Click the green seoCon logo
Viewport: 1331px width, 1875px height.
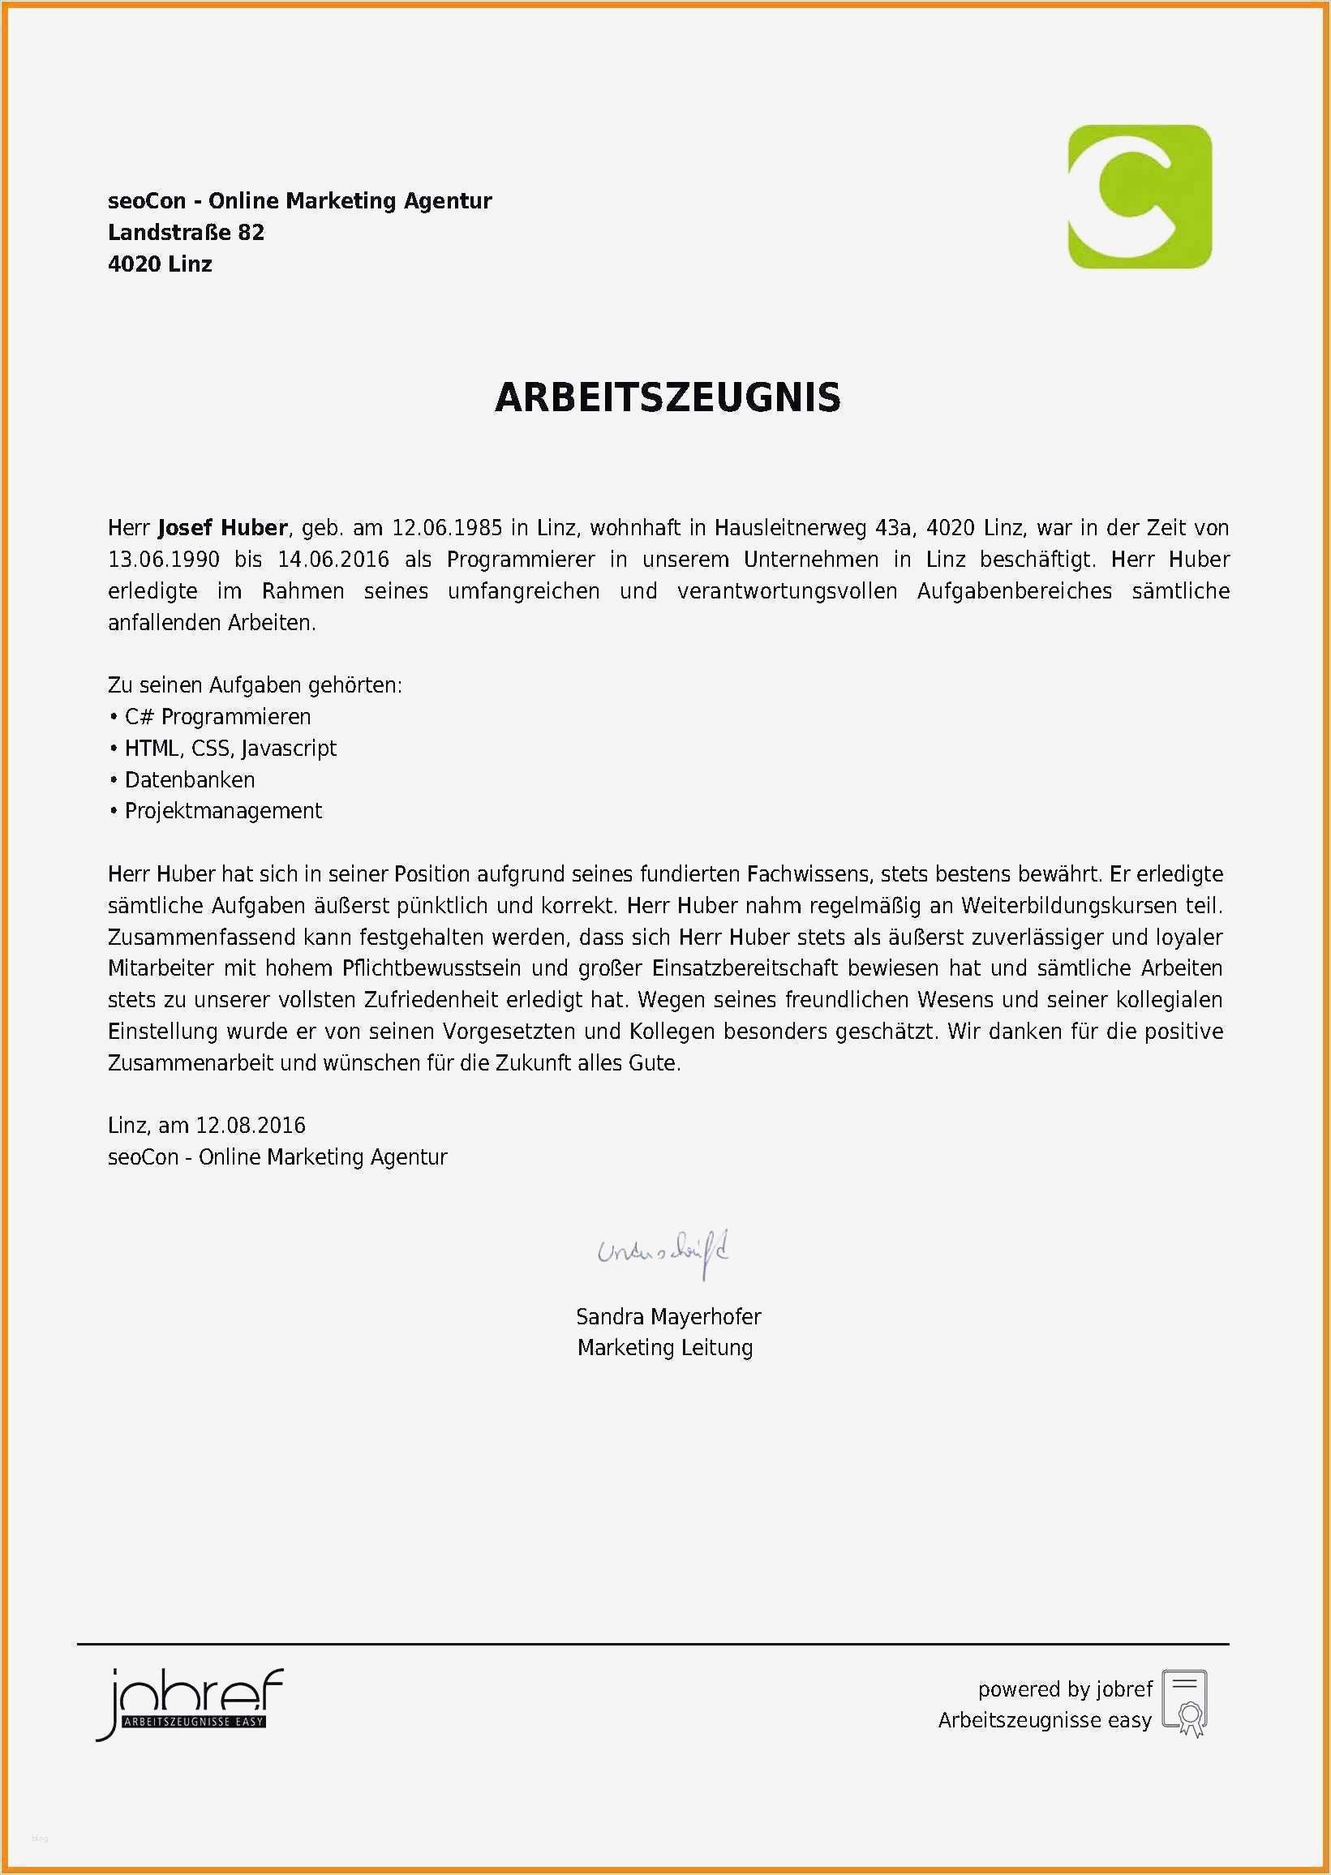1140,197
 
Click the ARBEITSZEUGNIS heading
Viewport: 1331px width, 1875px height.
668,397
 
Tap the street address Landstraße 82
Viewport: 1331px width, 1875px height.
186,233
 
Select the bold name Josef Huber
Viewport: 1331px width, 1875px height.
222,528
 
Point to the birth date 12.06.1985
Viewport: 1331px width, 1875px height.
447,528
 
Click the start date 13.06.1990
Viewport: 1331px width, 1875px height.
163,560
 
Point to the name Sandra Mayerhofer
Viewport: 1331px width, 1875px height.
668,1317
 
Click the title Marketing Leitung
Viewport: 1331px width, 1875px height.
664,1348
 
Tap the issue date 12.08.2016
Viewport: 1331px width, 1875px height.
250,1126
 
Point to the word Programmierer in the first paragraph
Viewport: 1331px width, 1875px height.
521,560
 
